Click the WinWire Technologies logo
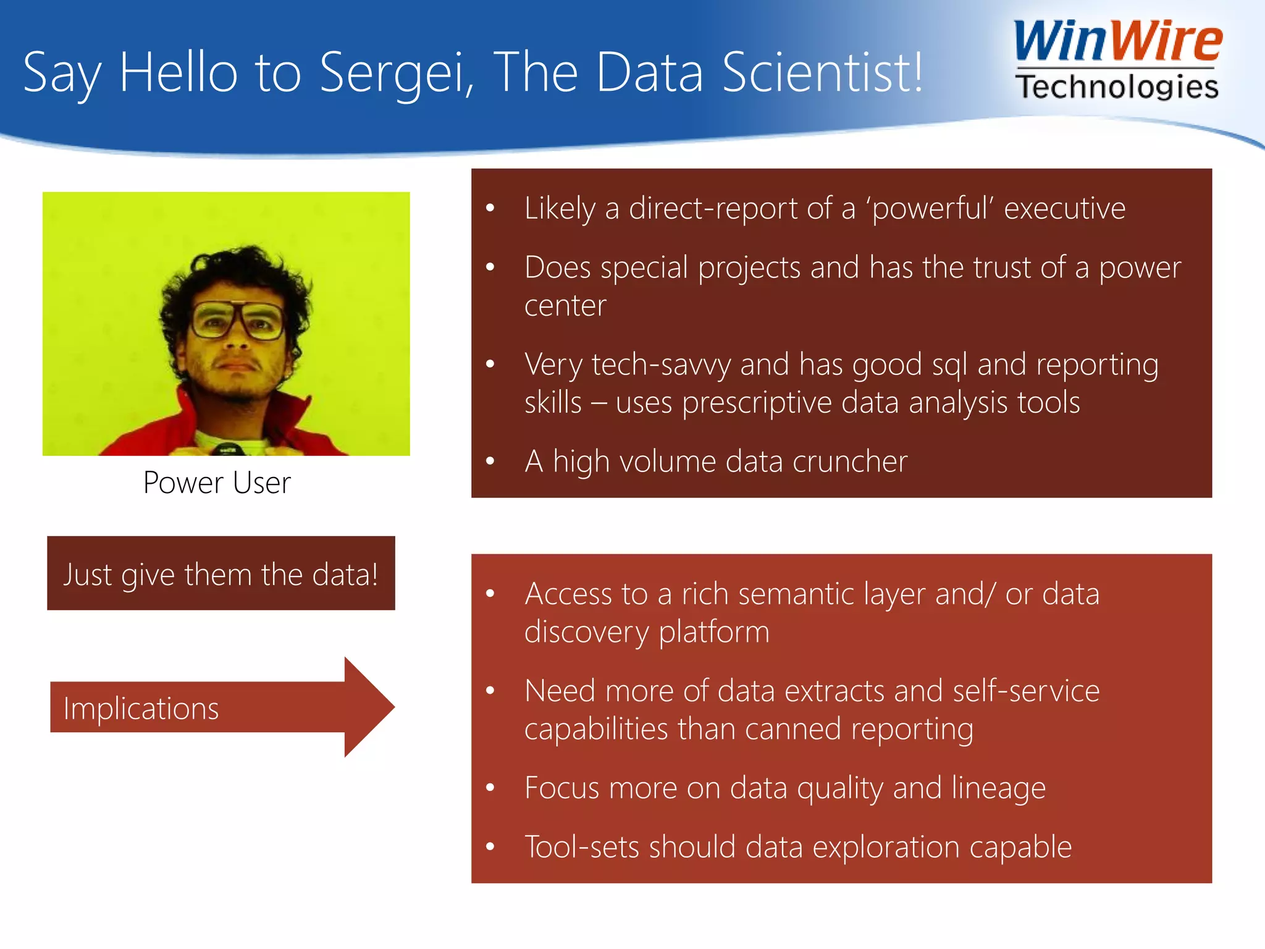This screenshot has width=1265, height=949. (1117, 60)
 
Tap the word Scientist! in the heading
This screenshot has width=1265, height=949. (822, 72)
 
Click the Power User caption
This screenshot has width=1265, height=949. (217, 483)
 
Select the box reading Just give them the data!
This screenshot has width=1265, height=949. (221, 573)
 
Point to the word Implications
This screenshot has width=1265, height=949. (141, 708)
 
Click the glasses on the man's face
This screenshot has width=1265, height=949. (238, 321)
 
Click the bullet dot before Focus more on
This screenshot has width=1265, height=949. (490, 788)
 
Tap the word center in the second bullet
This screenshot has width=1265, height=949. (565, 306)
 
